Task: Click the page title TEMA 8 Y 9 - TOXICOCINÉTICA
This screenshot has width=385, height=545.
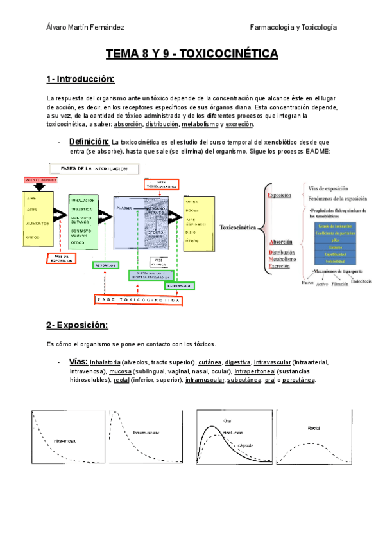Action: tap(192, 54)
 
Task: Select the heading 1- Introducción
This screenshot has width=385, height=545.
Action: tap(80, 79)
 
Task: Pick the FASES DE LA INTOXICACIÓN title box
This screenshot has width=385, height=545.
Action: tap(94, 169)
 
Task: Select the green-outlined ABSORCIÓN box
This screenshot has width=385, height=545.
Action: tap(106, 265)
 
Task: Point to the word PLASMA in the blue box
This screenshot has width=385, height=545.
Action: tap(124, 208)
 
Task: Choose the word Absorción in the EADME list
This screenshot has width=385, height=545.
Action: tap(282, 242)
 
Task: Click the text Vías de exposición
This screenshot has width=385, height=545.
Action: tap(328, 188)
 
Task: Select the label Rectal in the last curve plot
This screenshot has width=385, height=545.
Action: tap(314, 427)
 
